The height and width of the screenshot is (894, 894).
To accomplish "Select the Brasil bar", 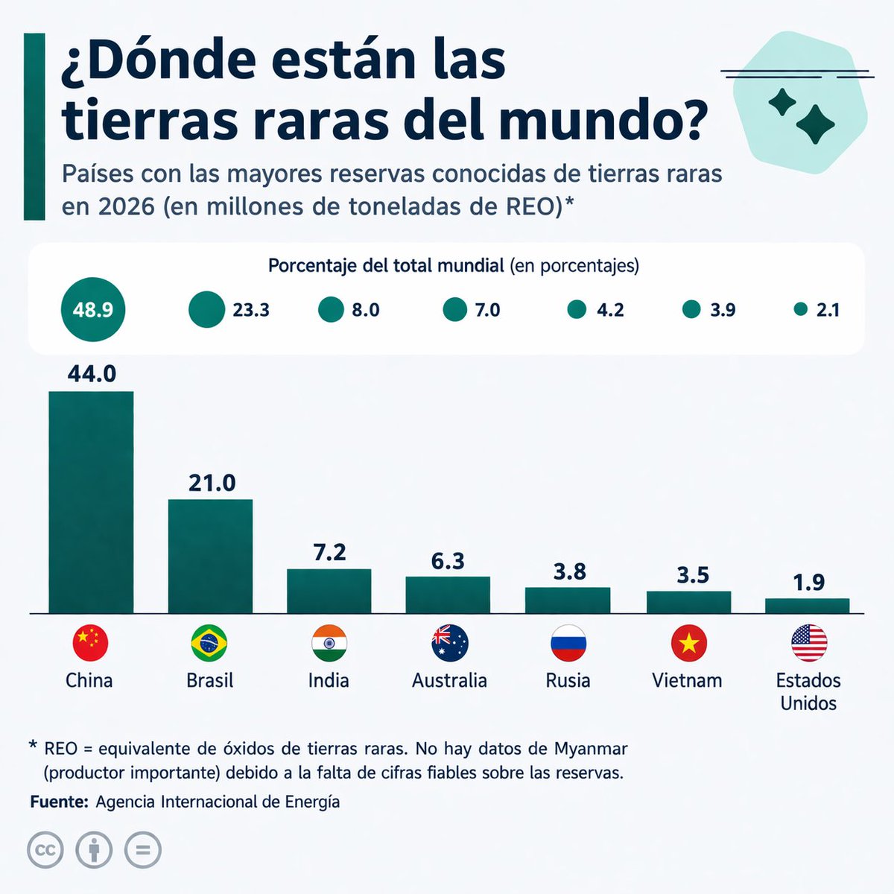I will [x=210, y=556].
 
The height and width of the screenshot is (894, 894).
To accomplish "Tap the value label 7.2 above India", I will [x=329, y=552].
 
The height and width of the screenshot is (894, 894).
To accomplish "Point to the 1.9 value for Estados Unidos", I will [x=808, y=582].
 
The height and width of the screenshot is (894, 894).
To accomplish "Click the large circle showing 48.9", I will [x=92, y=309].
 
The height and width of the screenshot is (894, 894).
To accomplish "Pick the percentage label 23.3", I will [x=251, y=310].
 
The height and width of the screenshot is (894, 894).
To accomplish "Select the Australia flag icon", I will [x=450, y=643].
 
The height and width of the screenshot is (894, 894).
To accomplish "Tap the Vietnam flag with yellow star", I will [x=688, y=643].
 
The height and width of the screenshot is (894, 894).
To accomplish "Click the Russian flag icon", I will [x=568, y=643].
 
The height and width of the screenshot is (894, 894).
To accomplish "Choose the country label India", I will [x=329, y=680].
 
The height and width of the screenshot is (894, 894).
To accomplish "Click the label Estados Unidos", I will [x=808, y=691].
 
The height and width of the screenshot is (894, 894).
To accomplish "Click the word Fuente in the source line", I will [x=59, y=802].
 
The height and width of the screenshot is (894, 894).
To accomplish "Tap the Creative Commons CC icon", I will [x=45, y=850].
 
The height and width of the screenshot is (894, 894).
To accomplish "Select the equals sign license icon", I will [x=142, y=850].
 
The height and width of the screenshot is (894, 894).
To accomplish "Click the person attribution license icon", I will [x=94, y=850].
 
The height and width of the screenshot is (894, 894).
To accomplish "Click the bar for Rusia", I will [x=568, y=600].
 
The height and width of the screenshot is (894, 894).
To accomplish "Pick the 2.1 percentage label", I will [x=828, y=310].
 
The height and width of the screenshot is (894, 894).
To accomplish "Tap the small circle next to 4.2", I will [x=577, y=309].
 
